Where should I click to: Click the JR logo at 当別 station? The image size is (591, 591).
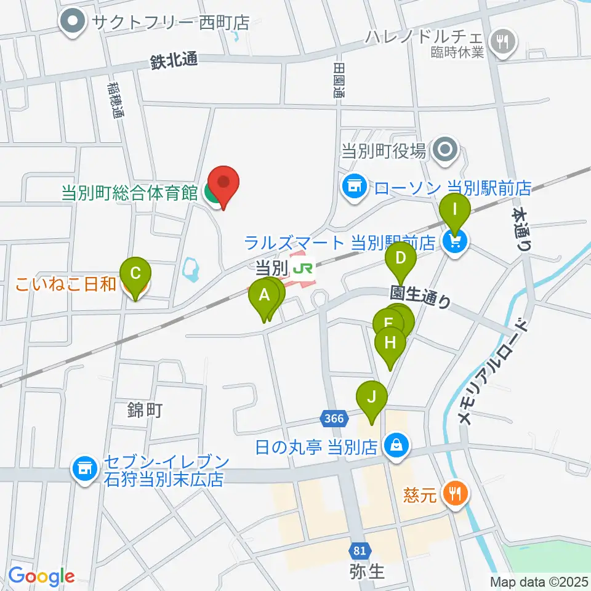pyautogui.click(x=302, y=268)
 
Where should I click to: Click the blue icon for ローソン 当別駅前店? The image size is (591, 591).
pyautogui.click(x=354, y=184)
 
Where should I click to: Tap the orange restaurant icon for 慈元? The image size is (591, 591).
pyautogui.click(x=456, y=492)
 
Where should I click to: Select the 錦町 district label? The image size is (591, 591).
pyautogui.click(x=145, y=411)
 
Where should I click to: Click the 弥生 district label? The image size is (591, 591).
pyautogui.click(x=368, y=571)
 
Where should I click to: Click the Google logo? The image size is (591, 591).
pyautogui.click(x=42, y=576)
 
